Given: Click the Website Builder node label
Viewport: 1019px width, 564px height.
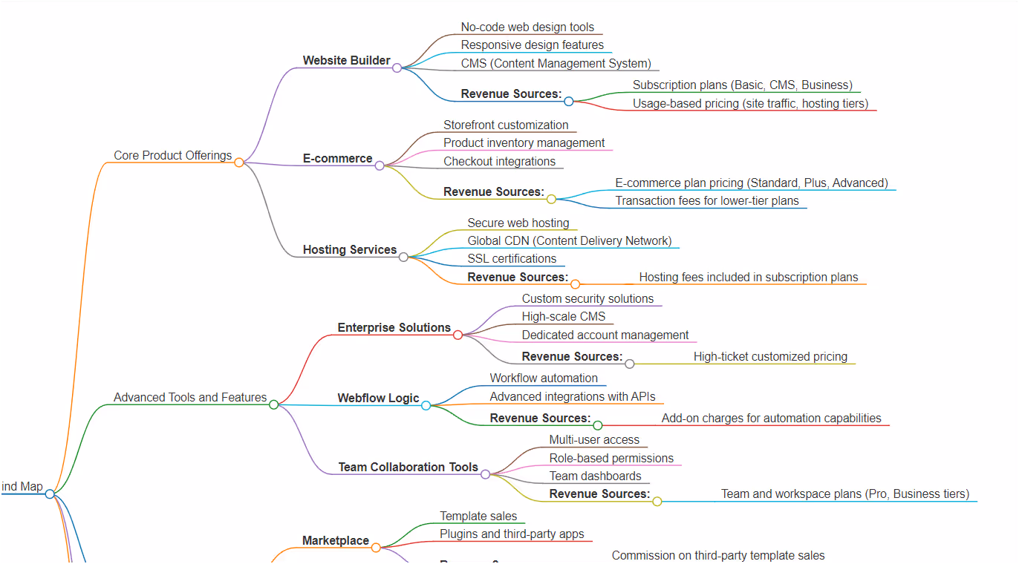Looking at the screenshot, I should [346, 60].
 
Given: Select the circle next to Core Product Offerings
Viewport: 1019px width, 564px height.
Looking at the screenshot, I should [239, 163].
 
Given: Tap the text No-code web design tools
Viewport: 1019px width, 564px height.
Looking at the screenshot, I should [527, 27].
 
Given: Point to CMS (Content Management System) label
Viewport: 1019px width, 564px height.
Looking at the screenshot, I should [556, 63].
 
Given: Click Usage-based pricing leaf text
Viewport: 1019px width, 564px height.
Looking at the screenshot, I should [750, 103].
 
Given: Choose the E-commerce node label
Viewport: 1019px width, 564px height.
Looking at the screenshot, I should [337, 158].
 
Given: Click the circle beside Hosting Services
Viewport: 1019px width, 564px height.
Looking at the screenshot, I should [403, 257].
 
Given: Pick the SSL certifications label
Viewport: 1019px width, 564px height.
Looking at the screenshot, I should [512, 258].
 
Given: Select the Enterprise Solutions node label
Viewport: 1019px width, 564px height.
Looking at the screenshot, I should [394, 327].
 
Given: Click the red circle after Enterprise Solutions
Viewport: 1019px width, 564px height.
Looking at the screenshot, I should [458, 335].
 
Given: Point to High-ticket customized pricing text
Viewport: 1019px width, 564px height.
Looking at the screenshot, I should [770, 356].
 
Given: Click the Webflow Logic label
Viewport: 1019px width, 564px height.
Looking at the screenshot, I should [378, 398].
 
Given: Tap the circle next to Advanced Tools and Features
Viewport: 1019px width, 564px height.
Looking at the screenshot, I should [273, 404].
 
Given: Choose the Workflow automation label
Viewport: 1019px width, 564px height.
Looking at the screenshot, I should [544, 378].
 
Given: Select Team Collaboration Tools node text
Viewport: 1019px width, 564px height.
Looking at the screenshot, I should [408, 467].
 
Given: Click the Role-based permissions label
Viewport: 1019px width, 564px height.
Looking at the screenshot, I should [611, 458].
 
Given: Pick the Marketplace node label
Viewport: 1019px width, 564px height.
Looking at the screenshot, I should [335, 540].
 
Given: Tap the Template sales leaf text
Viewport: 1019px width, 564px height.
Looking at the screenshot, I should [478, 516].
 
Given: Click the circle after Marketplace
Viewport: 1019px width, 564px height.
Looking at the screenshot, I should [376, 548].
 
